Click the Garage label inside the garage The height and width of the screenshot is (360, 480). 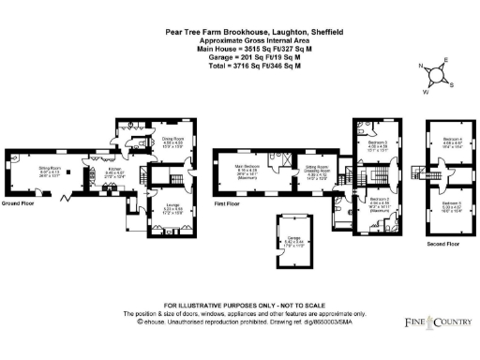(292, 239)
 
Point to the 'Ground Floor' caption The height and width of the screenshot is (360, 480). (19, 202)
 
